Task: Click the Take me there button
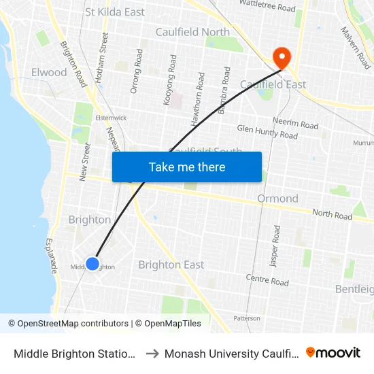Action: tap(187, 167)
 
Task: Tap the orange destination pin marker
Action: tap(279, 56)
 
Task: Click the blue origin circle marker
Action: tap(92, 264)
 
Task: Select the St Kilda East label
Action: tap(115, 12)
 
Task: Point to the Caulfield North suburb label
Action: tap(192, 32)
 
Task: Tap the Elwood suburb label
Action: tap(49, 72)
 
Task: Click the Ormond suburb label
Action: tap(277, 199)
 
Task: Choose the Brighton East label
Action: tap(171, 265)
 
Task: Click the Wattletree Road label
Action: tap(267, 7)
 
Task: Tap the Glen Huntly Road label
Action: tap(267, 132)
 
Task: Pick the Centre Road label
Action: tap(267, 280)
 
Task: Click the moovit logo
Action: tap(333, 353)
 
